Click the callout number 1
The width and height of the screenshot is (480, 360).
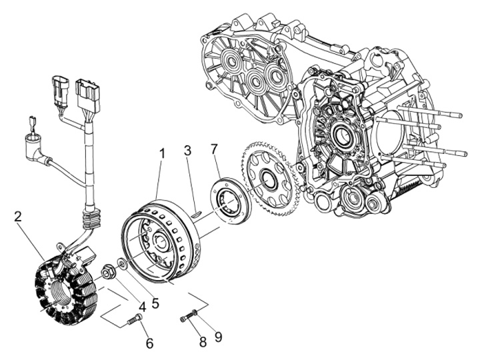[x=160, y=153]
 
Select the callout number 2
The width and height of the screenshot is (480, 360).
[x=18, y=216]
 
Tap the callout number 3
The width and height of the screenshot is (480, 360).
[x=189, y=152]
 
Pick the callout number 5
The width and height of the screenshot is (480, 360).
[x=155, y=303]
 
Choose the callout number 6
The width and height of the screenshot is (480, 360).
[x=149, y=343]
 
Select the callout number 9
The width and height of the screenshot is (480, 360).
[x=218, y=337]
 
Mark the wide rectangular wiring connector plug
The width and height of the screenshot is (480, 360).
[x=88, y=97]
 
